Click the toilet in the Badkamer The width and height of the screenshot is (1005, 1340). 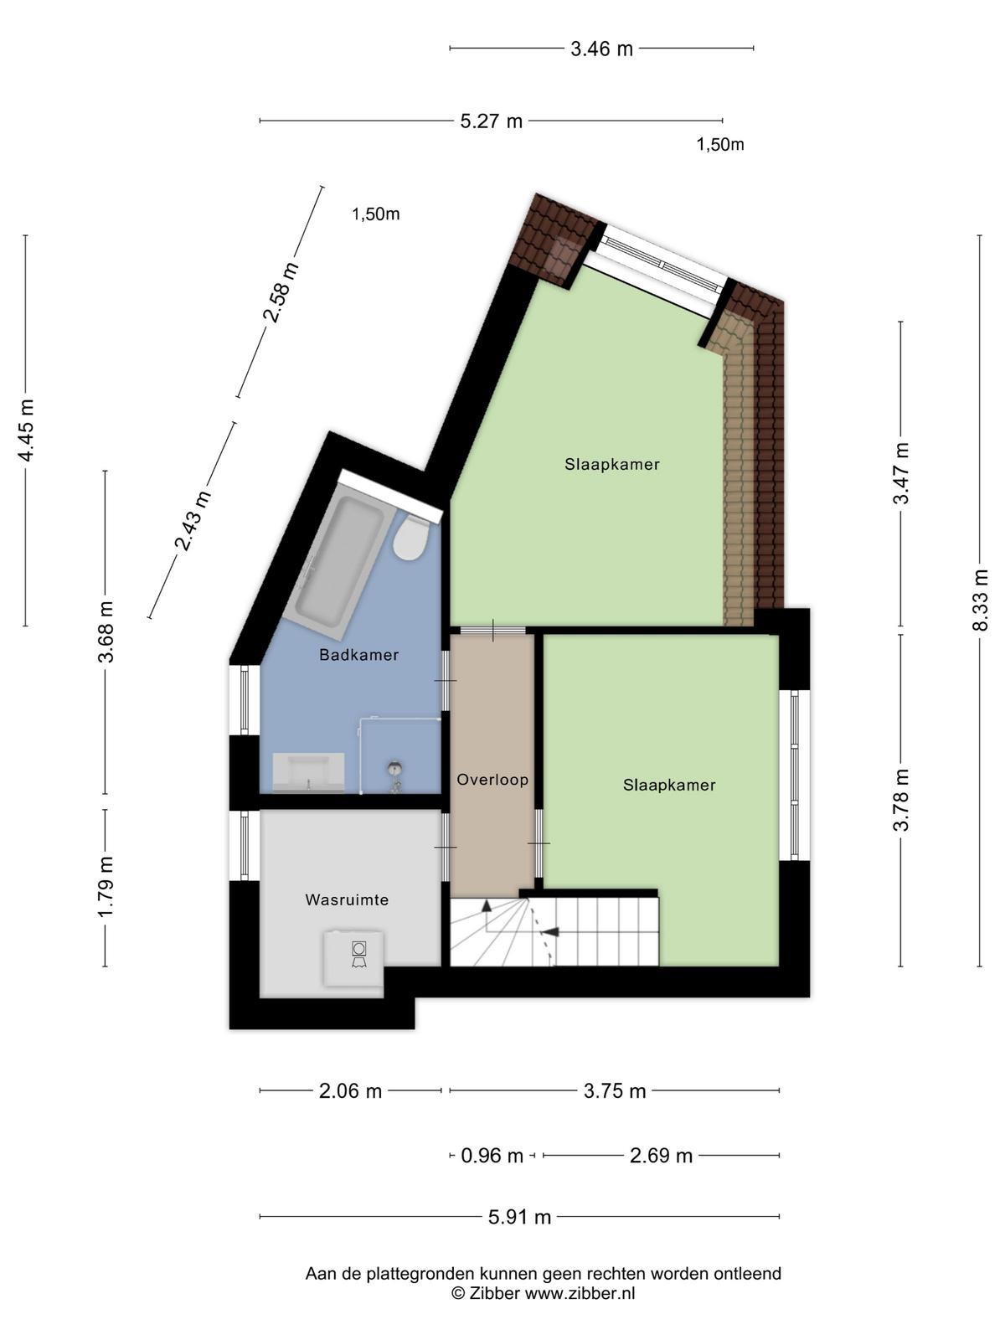tap(410, 537)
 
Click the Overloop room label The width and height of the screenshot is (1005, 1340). tap(492, 780)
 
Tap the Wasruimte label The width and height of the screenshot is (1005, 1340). tap(347, 899)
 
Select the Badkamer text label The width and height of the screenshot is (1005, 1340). tap(358, 655)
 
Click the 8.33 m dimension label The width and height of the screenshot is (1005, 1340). tap(980, 600)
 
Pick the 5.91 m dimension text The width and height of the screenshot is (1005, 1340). tap(519, 1217)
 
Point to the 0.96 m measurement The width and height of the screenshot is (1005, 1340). tap(492, 1156)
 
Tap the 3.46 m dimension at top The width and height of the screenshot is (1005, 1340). tap(601, 49)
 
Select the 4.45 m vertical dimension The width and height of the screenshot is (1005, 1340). tap(26, 430)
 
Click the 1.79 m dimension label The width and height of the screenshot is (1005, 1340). tap(105, 886)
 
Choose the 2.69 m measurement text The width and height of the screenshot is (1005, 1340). tap(661, 1156)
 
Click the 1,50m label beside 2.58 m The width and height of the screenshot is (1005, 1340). tap(376, 214)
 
